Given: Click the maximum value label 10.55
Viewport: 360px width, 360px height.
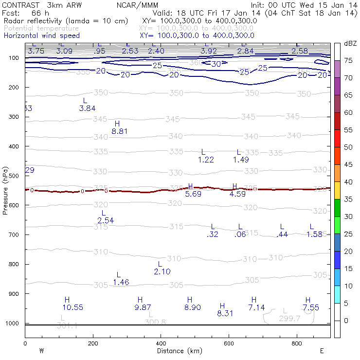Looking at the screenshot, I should pyautogui.click(x=73, y=307).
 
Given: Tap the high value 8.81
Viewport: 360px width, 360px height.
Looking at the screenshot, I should pyautogui.click(x=119, y=131).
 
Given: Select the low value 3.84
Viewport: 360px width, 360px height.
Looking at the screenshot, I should pyautogui.click(x=87, y=108).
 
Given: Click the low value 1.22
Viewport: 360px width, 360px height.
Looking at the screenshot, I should pyautogui.click(x=206, y=160).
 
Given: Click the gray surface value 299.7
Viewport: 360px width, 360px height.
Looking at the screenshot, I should pyautogui.click(x=287, y=318).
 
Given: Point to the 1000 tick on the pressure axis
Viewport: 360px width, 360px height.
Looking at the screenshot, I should pyautogui.click(x=13, y=324).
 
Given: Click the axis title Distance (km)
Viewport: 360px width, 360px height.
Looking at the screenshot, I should pyautogui.click(x=177, y=351).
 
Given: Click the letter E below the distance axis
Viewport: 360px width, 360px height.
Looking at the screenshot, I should pyautogui.click(x=322, y=351).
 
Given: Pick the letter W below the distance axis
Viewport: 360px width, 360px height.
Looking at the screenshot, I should pyautogui.click(x=42, y=351).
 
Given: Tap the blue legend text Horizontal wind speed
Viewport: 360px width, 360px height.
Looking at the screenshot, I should pyautogui.click(x=42, y=36).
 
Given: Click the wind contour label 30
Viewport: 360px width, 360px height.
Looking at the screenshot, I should pyautogui.click(x=216, y=64).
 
